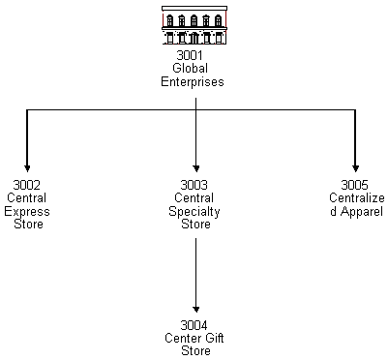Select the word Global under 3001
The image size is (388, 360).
193,69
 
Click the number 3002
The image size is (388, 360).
27,184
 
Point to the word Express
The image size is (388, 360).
27,211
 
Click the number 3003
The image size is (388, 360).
195,184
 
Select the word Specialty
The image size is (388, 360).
195,211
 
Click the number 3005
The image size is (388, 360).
355,184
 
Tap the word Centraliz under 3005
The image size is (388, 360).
355,197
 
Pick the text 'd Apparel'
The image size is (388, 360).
355,211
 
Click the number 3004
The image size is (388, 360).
195,324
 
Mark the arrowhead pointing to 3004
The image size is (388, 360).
195,307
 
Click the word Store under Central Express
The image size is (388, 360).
29,225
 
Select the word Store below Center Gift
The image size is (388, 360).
195,351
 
